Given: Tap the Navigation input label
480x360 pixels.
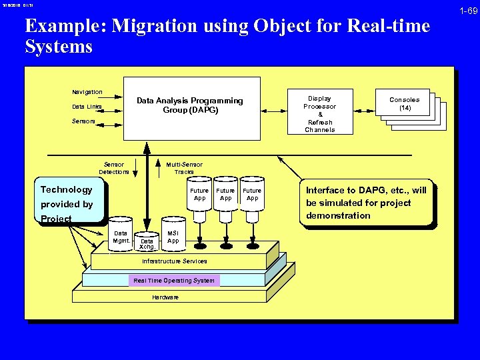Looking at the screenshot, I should (x=87, y=92).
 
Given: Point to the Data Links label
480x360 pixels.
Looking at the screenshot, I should (x=87, y=107).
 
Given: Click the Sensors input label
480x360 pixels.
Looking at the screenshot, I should (x=84, y=121).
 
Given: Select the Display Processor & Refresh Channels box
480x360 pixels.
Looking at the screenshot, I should (x=320, y=113).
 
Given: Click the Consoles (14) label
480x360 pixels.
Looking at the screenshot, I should (x=405, y=104).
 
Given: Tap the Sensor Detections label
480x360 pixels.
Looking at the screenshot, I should (x=114, y=168).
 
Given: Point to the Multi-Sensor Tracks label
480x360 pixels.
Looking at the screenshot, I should (x=184, y=168).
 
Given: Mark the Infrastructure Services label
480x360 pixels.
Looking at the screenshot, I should (x=174, y=261).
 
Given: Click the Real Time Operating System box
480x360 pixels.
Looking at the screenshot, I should (x=174, y=281).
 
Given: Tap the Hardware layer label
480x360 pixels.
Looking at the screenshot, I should (x=165, y=297).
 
